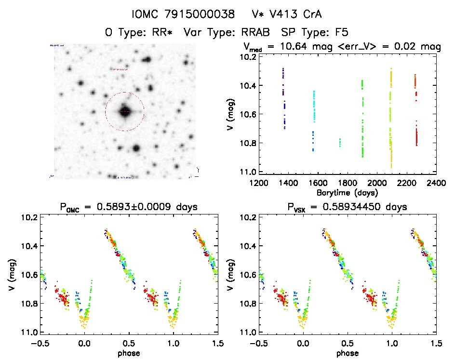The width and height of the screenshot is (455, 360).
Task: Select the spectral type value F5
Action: tap(340, 33)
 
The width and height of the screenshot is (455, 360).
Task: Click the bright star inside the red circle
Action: tap(125, 112)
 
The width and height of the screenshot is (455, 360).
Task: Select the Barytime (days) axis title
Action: tap(347, 193)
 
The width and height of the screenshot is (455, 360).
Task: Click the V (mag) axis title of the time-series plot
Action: tap(232, 114)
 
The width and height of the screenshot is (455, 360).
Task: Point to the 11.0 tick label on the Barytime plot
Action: tap(247, 172)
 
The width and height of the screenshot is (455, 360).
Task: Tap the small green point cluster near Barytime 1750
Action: tap(340, 142)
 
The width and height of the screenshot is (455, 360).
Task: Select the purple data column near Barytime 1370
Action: tap(284, 96)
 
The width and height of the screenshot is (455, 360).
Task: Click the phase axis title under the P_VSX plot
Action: tap(347, 353)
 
